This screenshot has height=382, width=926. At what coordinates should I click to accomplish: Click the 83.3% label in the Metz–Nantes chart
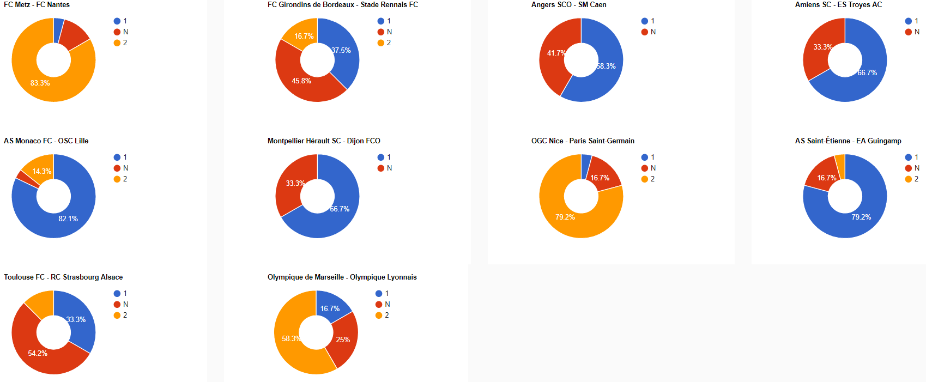tap(40, 83)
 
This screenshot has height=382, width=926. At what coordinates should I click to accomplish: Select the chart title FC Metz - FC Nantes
tap(37, 5)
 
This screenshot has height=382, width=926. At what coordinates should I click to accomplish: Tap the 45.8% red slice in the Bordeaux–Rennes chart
tap(301, 81)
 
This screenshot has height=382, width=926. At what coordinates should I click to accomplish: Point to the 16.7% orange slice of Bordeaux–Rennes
tap(304, 36)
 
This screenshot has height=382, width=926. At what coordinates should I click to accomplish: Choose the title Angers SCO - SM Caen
tap(568, 5)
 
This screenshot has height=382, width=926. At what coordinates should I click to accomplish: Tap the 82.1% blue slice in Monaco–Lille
tap(68, 219)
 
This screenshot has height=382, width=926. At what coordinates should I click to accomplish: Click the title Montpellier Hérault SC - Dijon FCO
tap(324, 141)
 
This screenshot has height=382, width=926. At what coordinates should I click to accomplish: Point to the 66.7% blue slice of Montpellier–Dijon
tap(339, 209)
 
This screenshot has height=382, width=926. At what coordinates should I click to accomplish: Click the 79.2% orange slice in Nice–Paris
tap(565, 217)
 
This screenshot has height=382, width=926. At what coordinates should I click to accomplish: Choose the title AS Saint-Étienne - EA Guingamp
tap(848, 141)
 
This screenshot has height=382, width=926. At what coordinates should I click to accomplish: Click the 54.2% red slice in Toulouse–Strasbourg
tap(38, 353)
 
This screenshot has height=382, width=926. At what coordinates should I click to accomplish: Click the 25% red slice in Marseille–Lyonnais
tap(343, 339)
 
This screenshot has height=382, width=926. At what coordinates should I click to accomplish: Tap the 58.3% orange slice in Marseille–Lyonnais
tap(290, 339)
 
